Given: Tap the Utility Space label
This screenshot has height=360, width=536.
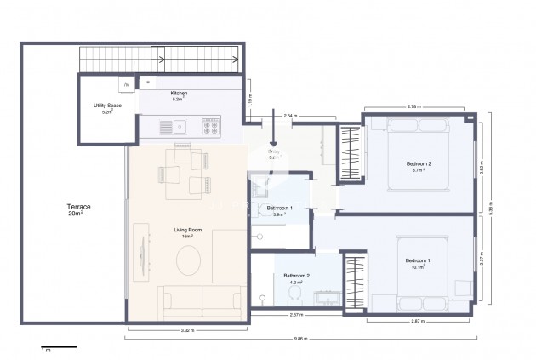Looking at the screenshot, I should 108,108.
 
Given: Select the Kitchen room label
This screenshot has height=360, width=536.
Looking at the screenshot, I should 179,95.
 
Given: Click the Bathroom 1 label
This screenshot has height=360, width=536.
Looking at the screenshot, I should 280,210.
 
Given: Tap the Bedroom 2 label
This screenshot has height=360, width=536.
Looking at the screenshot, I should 418,166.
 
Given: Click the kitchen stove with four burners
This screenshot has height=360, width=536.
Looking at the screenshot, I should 210,128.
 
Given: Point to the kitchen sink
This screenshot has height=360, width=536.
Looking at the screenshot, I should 180,128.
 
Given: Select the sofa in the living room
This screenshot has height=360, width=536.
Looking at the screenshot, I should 201,302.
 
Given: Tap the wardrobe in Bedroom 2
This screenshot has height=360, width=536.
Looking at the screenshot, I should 350,153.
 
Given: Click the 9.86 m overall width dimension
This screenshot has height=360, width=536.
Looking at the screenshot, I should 302,337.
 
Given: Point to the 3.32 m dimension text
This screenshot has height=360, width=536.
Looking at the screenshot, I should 187,329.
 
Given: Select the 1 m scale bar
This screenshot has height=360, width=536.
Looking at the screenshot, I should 58,347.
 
